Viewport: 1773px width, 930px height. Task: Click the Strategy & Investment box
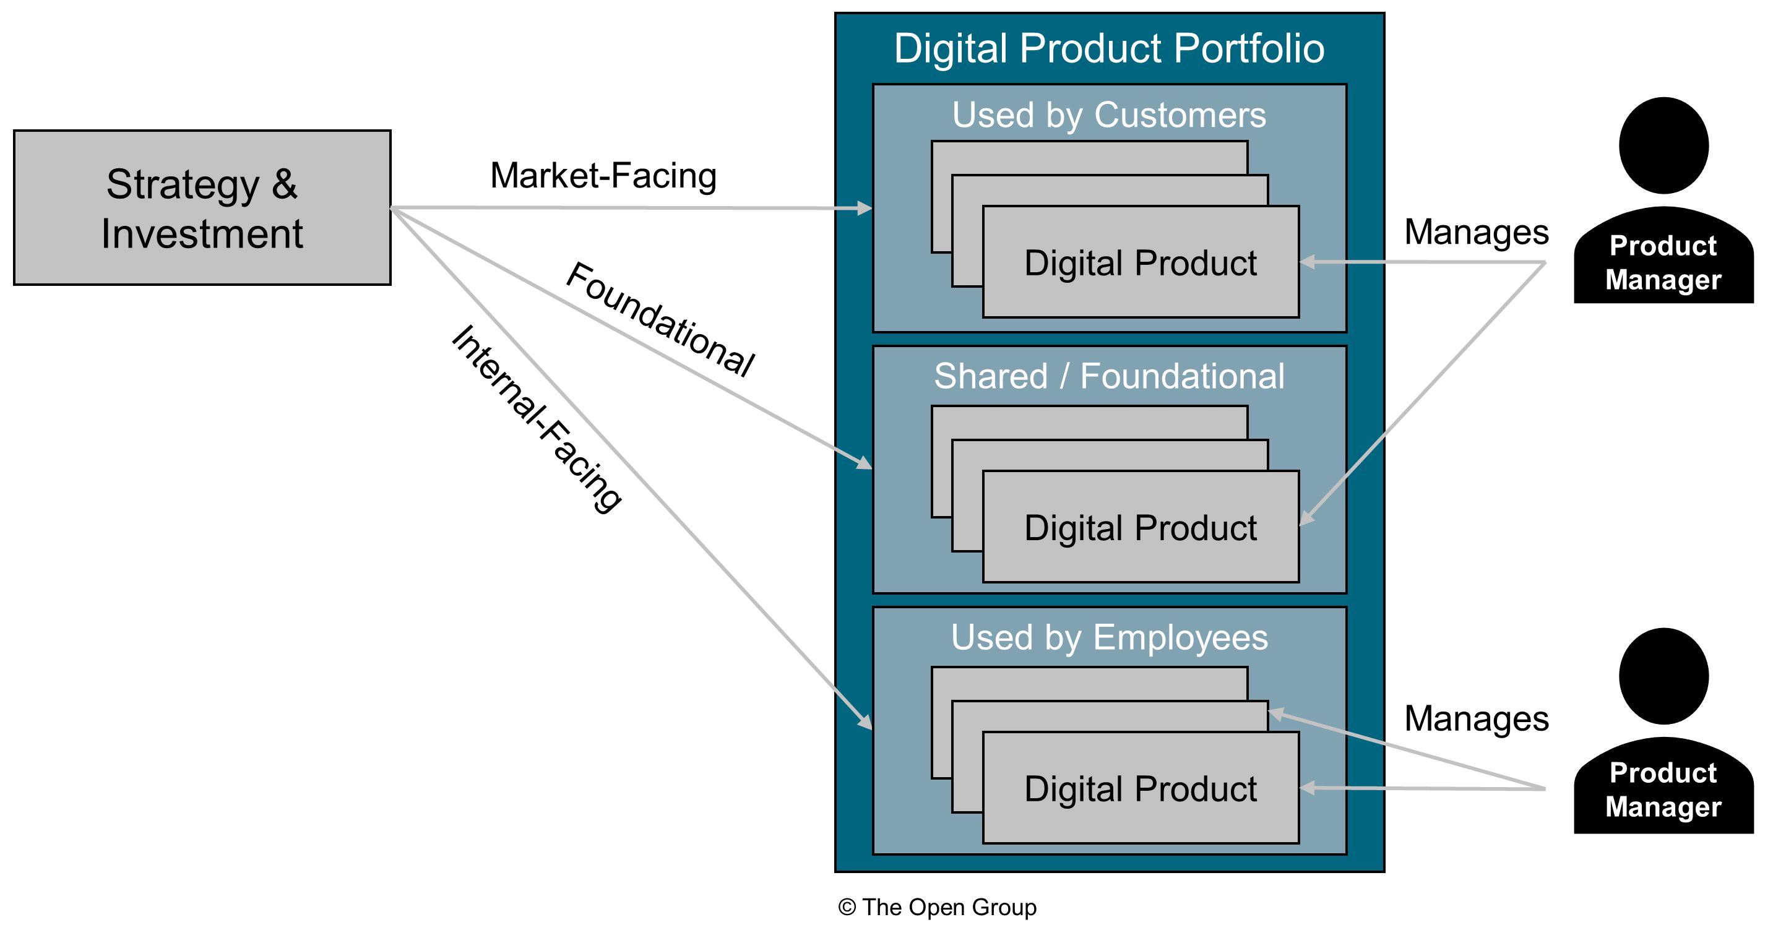pos(202,207)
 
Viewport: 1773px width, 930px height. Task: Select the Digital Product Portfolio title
pos(1109,48)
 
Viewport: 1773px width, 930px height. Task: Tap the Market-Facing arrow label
pos(603,175)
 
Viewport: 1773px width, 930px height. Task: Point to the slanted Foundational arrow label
pos(659,319)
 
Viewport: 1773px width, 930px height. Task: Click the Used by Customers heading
pos(1109,114)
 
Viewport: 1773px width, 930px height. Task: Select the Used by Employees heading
pos(1109,637)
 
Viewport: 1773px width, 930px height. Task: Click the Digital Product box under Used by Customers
pos(1141,262)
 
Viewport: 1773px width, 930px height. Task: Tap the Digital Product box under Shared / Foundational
pos(1141,527)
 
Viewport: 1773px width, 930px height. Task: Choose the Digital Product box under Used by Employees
pos(1141,788)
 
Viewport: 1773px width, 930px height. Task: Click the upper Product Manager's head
pos(1663,145)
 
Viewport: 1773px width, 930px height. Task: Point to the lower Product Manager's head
pos(1663,676)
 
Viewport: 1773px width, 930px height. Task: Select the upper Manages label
pos(1476,232)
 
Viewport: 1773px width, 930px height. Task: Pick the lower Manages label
pos(1476,718)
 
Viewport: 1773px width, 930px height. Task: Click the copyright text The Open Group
pos(938,907)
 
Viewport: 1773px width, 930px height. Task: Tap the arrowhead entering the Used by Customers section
pos(865,208)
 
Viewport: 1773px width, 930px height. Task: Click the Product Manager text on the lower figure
pos(1663,790)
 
